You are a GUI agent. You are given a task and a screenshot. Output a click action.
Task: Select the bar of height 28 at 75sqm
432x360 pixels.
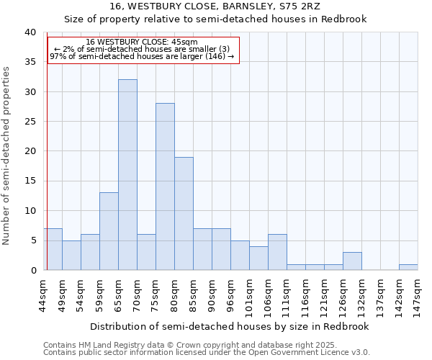click(165, 186)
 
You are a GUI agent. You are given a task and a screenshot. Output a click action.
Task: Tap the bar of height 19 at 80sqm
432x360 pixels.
click(184, 213)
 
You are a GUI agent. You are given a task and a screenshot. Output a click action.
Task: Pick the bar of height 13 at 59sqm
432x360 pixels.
click(109, 231)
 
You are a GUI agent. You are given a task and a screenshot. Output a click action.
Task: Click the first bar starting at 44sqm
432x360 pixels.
click(53, 249)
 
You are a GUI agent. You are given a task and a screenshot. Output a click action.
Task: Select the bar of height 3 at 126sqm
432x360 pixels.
click(352, 261)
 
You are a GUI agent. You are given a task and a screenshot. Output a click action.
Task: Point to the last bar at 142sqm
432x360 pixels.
click(408, 267)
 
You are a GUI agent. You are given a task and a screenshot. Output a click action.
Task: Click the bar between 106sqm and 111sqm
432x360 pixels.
click(277, 252)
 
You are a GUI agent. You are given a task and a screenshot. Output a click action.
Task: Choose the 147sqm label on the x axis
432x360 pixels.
click(418, 294)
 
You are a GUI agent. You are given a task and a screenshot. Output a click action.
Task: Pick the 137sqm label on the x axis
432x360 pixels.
click(381, 294)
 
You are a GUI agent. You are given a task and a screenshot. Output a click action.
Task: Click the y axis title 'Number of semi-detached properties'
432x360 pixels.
click(6, 156)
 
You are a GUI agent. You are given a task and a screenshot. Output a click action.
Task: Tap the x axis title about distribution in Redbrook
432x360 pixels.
click(230, 326)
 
